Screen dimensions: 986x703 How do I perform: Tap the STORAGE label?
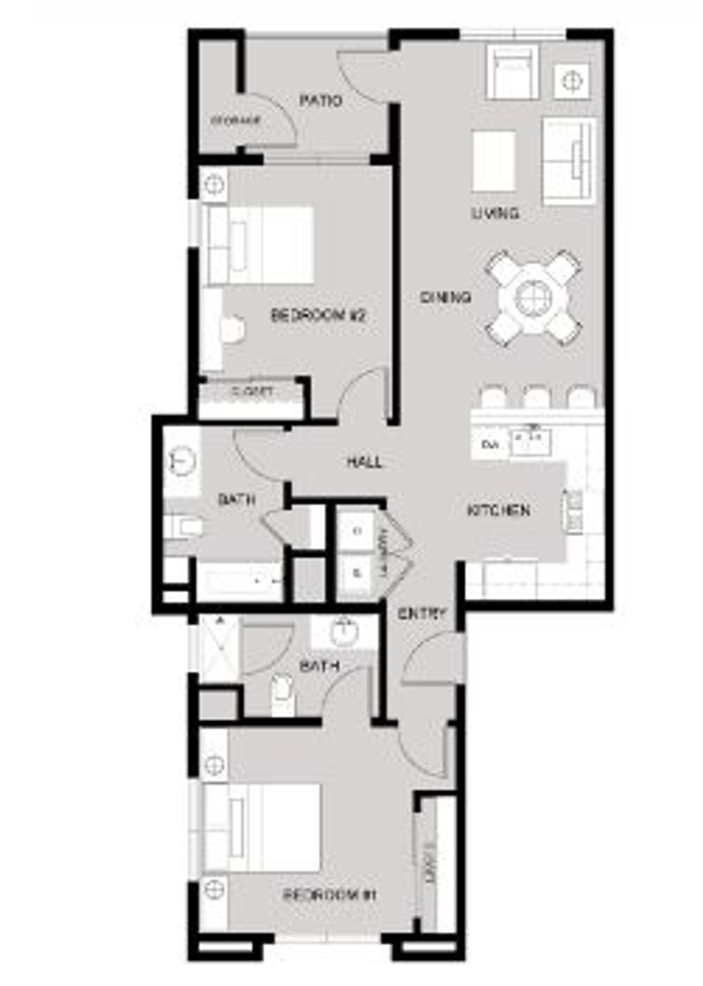[x=236, y=121]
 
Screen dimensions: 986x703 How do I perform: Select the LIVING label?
[x=496, y=213]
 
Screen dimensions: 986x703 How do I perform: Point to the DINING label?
[x=446, y=297]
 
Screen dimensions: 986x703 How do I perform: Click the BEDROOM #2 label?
[x=318, y=315]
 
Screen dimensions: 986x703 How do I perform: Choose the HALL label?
[x=365, y=462]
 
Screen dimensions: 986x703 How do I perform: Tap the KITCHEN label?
[x=499, y=510]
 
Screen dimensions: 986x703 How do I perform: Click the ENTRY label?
[x=422, y=613]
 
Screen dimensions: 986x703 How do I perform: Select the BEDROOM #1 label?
[x=330, y=896]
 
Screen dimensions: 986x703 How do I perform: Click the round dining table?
[x=534, y=298]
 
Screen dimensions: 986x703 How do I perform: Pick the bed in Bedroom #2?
[x=259, y=245]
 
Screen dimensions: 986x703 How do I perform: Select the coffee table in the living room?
[x=493, y=161]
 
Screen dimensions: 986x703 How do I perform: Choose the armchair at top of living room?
[x=512, y=72]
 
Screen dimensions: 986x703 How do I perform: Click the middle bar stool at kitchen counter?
[x=537, y=397]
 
